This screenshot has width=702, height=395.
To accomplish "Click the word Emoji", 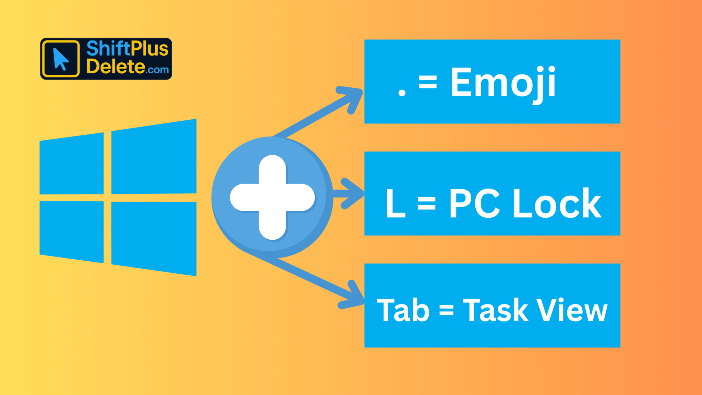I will click(503, 83).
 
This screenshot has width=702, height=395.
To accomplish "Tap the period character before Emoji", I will click(402, 93).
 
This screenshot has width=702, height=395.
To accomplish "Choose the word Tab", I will click(403, 310).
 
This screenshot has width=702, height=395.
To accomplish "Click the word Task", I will click(495, 310).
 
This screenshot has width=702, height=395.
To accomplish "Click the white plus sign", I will click(272, 197).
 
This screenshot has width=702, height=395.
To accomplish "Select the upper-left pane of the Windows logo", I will click(72, 164).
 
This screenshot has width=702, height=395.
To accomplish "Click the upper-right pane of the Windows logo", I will click(154, 157).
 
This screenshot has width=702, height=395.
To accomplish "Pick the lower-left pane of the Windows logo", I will click(72, 231).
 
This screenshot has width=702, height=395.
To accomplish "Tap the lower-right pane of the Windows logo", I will click(154, 238).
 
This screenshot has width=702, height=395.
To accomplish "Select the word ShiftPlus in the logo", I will click(127, 49).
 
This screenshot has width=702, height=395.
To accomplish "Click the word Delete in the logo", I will click(116, 67).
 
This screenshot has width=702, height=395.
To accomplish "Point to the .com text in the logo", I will click(157, 70).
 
